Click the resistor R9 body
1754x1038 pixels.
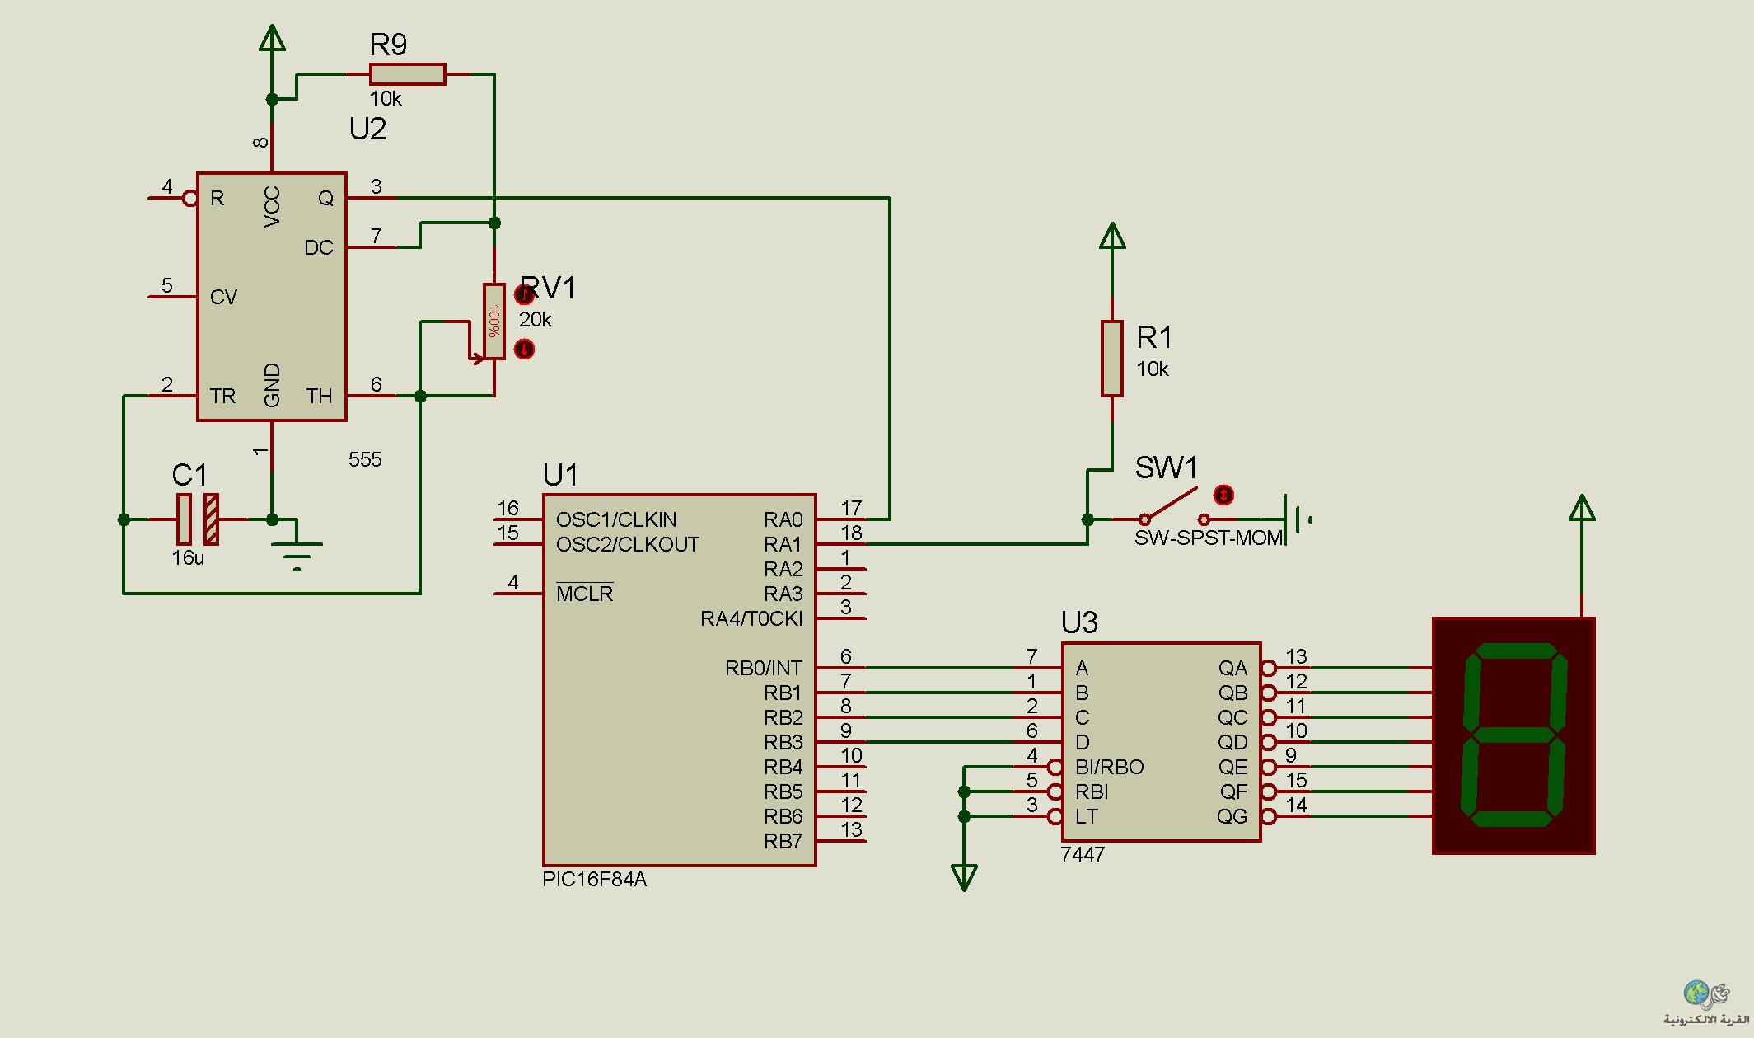pos(408,74)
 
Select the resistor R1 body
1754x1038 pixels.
pos(1112,359)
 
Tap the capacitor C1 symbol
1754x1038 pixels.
pos(198,519)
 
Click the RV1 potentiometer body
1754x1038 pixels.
pos(494,322)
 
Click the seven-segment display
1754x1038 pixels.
pos(1514,735)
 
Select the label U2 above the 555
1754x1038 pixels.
pos(367,129)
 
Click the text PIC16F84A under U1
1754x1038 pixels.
pos(594,880)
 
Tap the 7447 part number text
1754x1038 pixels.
pos(1083,854)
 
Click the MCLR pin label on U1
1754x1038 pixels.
pos(584,593)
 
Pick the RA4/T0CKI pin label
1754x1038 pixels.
pos(751,618)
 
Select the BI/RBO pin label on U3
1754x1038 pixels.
pos(1109,767)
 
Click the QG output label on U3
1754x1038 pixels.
pos(1232,816)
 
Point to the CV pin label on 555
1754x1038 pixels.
pos(223,297)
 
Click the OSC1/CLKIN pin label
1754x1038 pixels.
pos(616,519)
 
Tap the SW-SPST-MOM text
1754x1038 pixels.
pos(1209,538)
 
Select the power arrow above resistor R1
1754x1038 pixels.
pos(1112,236)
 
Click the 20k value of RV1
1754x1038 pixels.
pos(536,320)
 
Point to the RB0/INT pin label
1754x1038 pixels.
pos(763,668)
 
